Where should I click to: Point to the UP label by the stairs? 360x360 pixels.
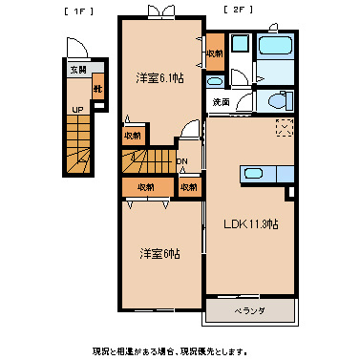pos(75,111)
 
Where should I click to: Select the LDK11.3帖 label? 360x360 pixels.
pos(251,224)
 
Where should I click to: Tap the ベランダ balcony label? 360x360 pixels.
pos(250,311)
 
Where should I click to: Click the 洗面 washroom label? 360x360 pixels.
pos(221,101)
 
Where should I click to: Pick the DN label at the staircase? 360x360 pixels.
pos(181,161)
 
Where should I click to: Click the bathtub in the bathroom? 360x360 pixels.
pos(277,47)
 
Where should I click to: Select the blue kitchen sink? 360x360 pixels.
pos(252,173)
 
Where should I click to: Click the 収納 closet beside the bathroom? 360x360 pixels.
pos(214,53)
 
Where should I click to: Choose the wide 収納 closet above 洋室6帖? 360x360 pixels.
pos(145,187)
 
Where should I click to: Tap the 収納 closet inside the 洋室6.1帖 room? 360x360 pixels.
pos(134,136)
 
